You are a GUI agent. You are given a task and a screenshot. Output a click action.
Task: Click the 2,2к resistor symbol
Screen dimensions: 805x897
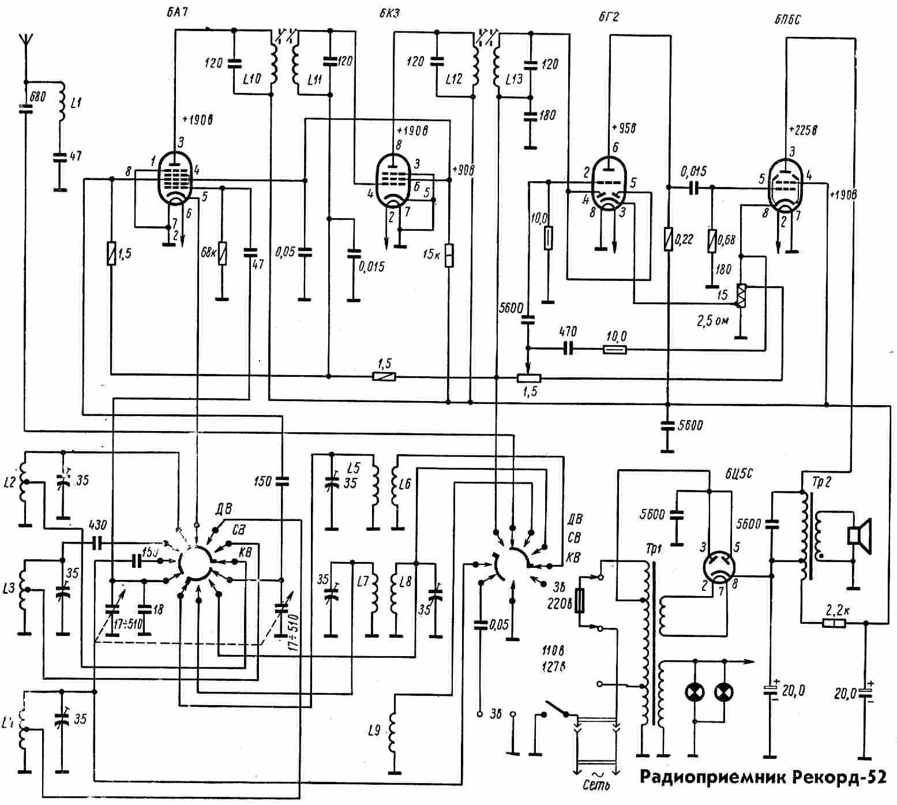click(833, 623)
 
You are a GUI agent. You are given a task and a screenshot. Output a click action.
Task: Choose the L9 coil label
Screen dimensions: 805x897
click(374, 732)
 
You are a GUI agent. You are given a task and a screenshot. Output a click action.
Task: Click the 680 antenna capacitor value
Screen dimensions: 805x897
click(37, 96)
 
